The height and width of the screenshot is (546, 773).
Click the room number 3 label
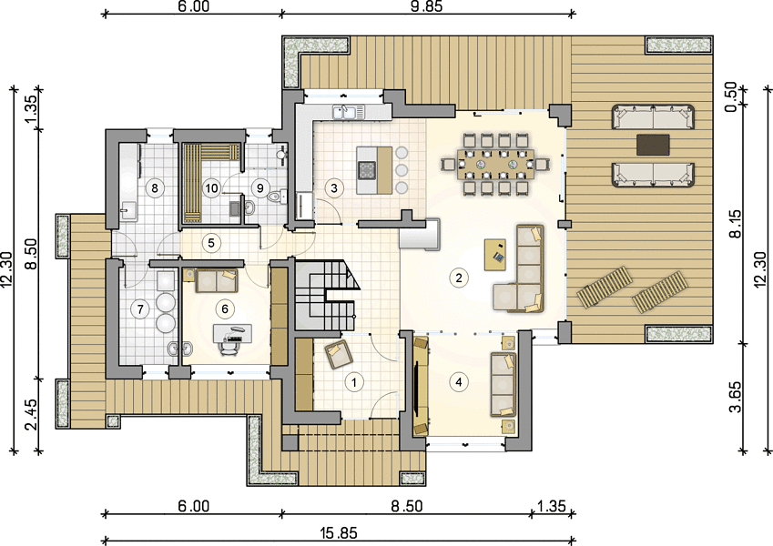334,187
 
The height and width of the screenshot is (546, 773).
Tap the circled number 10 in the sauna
211,187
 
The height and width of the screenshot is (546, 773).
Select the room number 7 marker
140,309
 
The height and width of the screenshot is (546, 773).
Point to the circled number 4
459,382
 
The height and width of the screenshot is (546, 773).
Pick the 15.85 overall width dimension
338,532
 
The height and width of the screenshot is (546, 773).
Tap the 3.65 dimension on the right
735,397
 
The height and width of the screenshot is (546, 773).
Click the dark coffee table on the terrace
653,145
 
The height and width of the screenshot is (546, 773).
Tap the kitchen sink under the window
349,112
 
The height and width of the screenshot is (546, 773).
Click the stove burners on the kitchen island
366,170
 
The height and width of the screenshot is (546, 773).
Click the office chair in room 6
229,346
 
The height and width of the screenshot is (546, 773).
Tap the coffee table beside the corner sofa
495,254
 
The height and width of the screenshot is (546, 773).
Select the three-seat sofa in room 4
503,384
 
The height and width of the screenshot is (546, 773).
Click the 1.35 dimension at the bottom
552,507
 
